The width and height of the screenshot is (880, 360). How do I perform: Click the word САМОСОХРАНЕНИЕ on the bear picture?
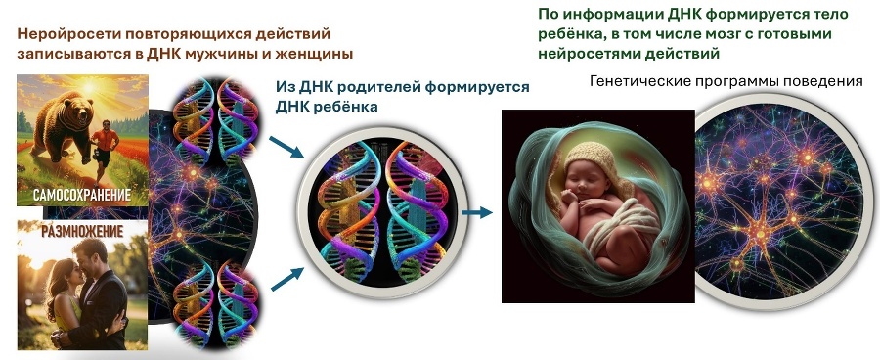pyautogui.click(x=82, y=196)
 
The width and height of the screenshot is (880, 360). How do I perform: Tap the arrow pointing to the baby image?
pyautogui.click(x=477, y=210)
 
